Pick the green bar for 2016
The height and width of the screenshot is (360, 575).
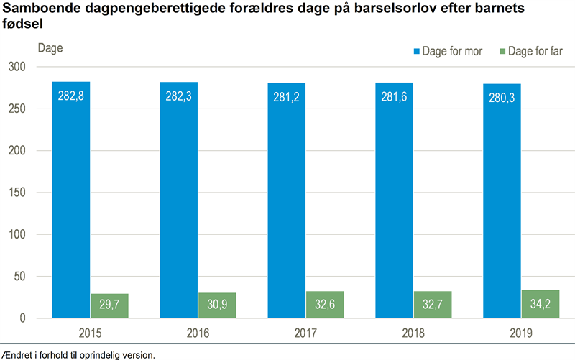point(217,305)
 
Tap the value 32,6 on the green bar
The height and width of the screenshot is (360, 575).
point(325,306)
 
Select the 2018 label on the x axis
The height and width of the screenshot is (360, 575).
point(413,333)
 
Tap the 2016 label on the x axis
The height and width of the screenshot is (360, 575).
point(198,333)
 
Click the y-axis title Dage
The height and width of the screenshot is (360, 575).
point(50,49)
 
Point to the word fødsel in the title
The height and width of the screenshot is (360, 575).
point(22,24)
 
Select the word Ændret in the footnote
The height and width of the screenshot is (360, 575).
point(18,354)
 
